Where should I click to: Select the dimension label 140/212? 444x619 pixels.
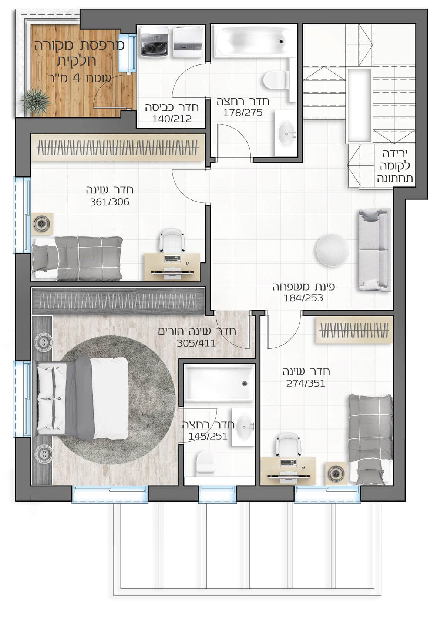click(172, 119)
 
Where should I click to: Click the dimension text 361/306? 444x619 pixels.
click(110, 202)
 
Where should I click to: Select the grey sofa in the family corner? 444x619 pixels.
click(374, 250)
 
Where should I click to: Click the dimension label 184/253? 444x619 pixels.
click(303, 298)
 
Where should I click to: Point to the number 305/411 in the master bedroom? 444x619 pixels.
click(196, 343)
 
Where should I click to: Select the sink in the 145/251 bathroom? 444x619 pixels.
click(243, 427)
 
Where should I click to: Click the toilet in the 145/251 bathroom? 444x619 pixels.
click(204, 464)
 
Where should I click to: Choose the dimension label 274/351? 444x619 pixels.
click(306, 383)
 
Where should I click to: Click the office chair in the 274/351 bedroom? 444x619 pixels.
click(288, 445)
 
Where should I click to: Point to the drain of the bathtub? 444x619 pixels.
click(281, 42)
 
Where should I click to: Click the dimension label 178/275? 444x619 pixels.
click(243, 113)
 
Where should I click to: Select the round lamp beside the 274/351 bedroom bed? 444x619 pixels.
click(336, 473)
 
